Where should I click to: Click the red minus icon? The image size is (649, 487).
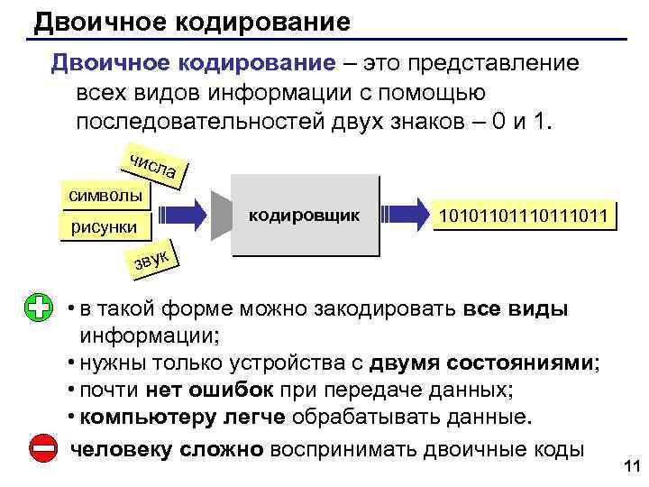point(40,448)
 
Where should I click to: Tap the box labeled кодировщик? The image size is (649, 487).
point(304,216)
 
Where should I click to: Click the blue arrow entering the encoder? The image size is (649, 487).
point(183,215)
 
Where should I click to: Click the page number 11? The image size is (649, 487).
point(630,466)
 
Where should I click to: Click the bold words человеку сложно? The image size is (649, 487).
point(167,449)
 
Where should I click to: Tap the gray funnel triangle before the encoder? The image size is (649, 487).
point(219,215)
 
